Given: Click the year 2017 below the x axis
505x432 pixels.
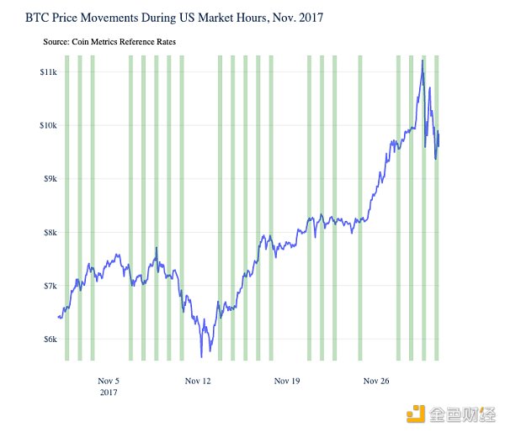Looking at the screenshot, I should click(x=109, y=392).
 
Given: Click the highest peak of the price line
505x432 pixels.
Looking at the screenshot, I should click(x=422, y=61).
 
